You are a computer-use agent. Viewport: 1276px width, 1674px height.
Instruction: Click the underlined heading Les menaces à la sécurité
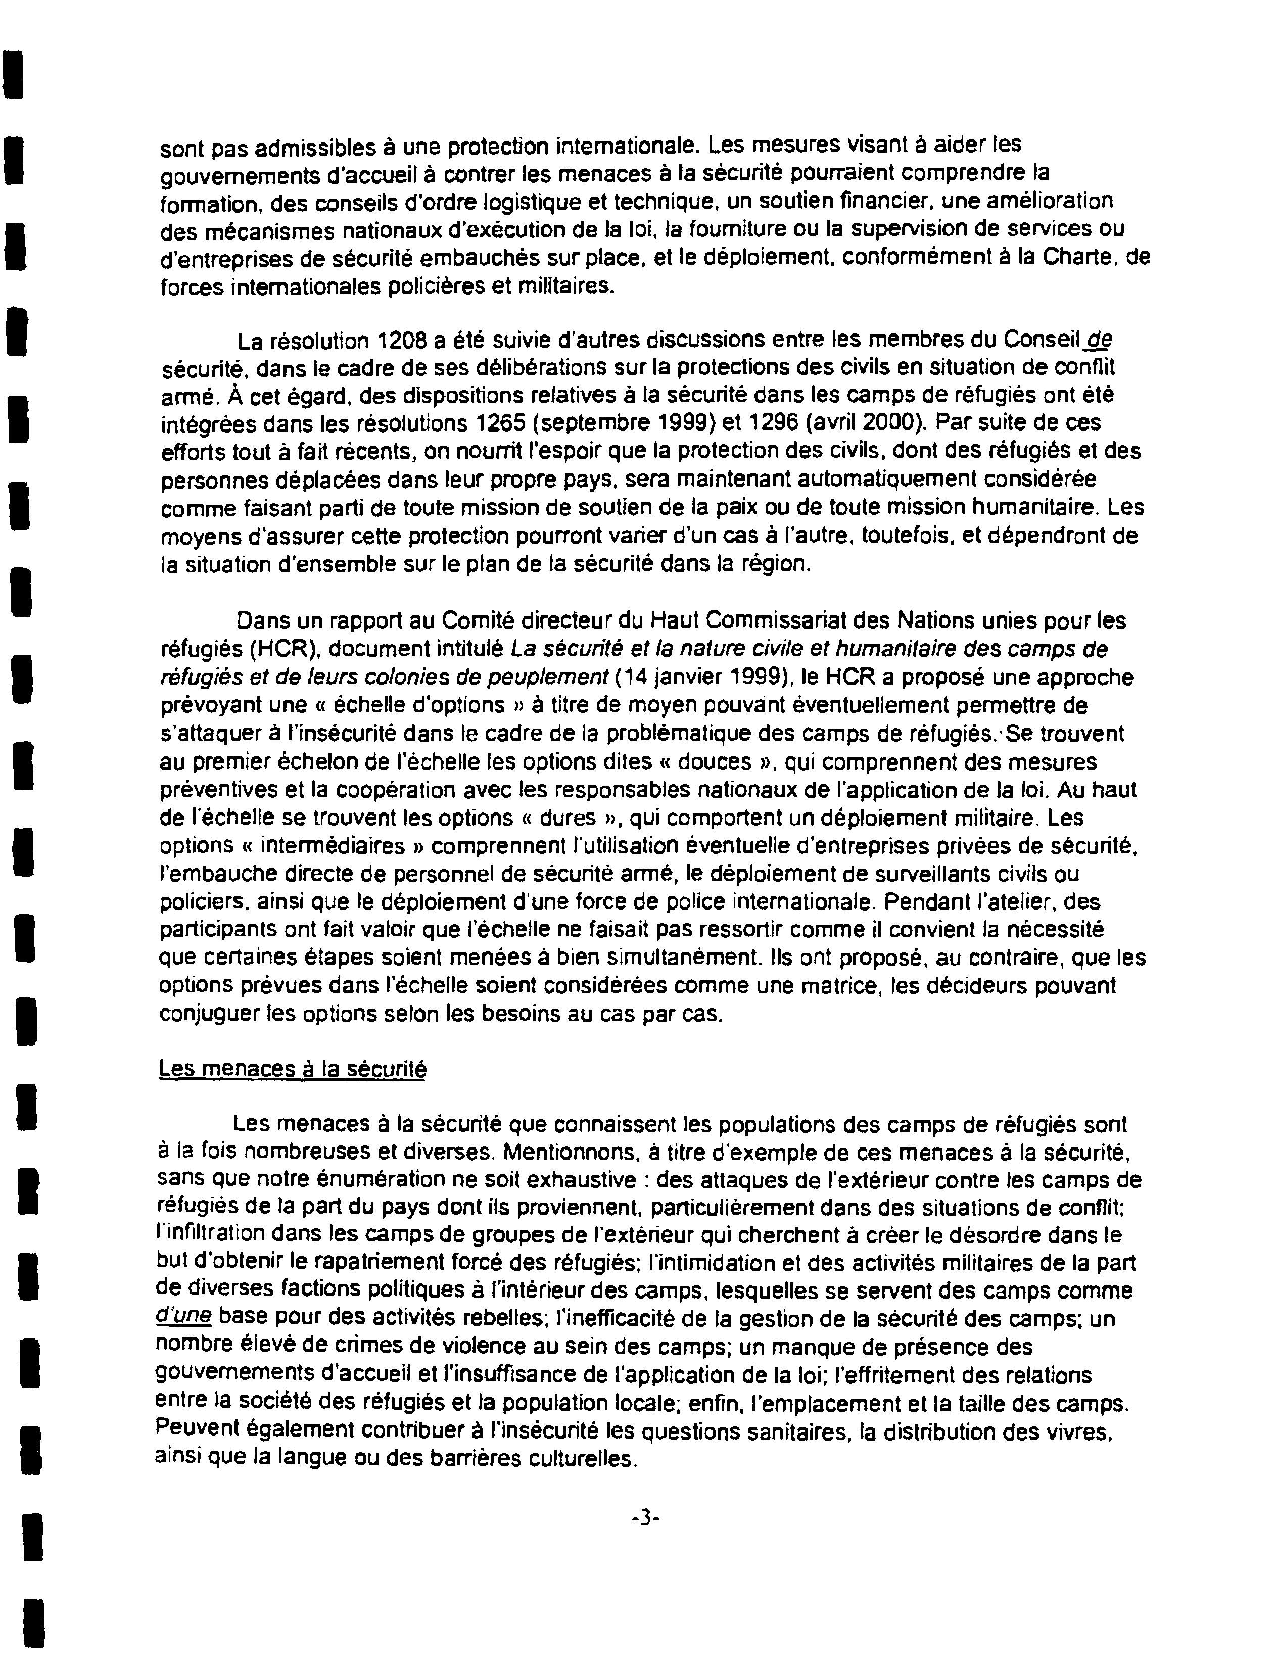tap(293, 1069)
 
